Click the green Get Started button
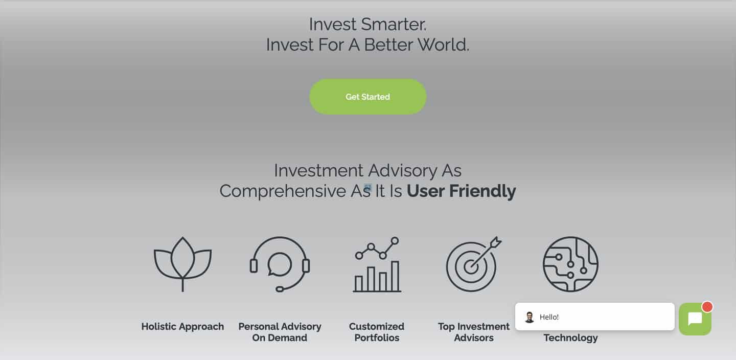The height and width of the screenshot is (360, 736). click(x=367, y=97)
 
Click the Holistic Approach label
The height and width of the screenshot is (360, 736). click(x=182, y=326)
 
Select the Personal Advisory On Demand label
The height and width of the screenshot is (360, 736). click(x=280, y=332)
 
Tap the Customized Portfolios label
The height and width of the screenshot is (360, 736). click(x=377, y=332)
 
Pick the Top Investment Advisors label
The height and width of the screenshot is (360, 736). click(x=473, y=332)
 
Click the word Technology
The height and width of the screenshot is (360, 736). click(x=571, y=337)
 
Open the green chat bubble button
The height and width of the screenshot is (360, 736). click(x=695, y=319)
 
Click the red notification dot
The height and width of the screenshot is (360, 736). click(x=707, y=307)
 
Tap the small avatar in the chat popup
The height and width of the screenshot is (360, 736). click(x=530, y=317)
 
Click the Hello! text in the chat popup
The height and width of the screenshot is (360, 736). click(x=549, y=317)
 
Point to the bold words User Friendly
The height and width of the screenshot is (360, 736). click(x=462, y=191)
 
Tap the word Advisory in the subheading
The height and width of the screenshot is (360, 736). click(x=403, y=171)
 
